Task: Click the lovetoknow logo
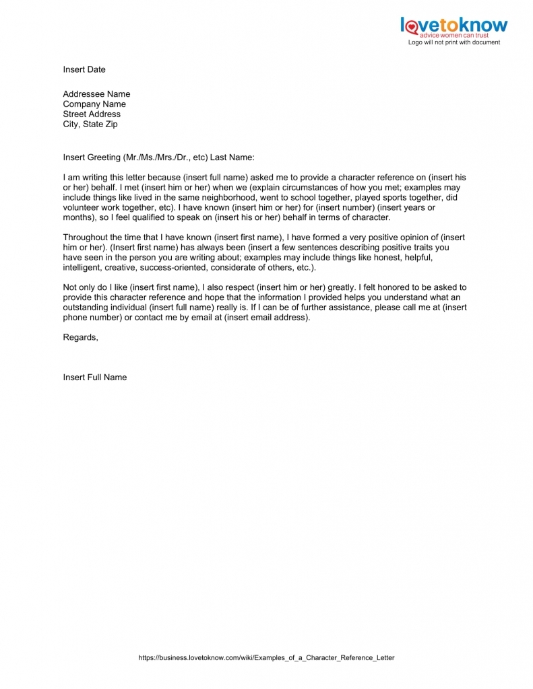(x=453, y=26)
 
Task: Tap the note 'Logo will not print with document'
(x=453, y=42)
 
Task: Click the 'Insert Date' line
(x=84, y=69)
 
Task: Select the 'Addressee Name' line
(x=96, y=94)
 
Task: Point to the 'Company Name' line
(x=94, y=104)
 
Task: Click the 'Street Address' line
(x=92, y=114)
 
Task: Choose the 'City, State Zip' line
(x=90, y=124)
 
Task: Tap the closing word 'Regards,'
(x=80, y=337)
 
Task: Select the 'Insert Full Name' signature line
(x=95, y=377)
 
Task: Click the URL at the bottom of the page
(x=266, y=657)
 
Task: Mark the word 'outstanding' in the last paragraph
(x=86, y=308)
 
